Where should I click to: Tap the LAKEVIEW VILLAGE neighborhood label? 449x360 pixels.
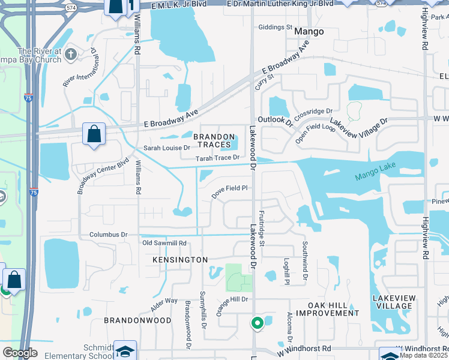point(393,302)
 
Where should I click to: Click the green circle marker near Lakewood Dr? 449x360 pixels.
point(258,323)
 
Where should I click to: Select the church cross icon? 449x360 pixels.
point(71,55)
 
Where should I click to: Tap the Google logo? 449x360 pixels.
point(20,353)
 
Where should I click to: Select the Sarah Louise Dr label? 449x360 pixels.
point(166,148)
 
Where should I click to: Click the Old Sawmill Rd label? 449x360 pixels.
point(164,243)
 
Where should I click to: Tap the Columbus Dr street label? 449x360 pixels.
point(109,235)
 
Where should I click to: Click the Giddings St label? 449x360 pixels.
point(274,28)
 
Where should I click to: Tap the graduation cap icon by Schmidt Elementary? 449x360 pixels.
point(125,350)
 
